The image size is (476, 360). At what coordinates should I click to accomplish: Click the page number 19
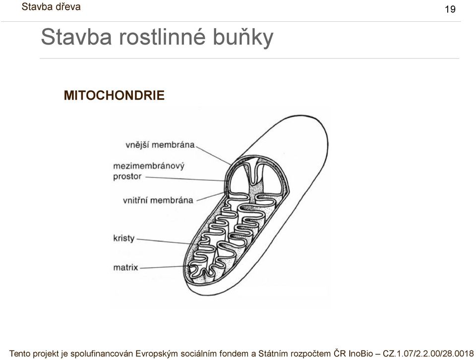pyautogui.click(x=450, y=9)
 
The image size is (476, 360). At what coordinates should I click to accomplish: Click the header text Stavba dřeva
pyautogui.click(x=51, y=6)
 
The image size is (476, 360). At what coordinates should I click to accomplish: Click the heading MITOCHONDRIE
pyautogui.click(x=114, y=95)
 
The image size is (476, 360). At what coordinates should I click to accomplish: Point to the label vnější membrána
pyautogui.click(x=160, y=145)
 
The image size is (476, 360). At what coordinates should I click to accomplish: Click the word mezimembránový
pyautogui.click(x=149, y=166)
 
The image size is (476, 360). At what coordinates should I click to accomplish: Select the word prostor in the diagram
pyautogui.click(x=127, y=177)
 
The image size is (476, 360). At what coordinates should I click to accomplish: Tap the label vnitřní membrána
pyautogui.click(x=158, y=200)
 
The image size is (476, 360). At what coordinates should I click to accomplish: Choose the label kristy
pyautogui.click(x=124, y=238)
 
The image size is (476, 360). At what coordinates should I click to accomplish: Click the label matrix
pyautogui.click(x=125, y=267)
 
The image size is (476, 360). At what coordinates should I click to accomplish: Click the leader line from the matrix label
pyautogui.click(x=165, y=267)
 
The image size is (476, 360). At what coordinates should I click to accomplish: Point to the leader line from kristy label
pyautogui.click(x=165, y=241)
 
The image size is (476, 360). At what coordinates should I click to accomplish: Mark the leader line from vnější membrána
pyautogui.click(x=213, y=156)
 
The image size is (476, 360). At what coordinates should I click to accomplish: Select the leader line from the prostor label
pyautogui.click(x=185, y=179)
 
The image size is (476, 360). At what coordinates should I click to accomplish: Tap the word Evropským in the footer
pyautogui.click(x=157, y=354)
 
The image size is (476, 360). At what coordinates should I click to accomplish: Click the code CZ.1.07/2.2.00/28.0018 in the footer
pyautogui.click(x=428, y=354)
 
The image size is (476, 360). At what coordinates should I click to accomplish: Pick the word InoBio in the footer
pyautogui.click(x=360, y=354)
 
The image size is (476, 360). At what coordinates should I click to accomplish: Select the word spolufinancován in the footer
pyautogui.click(x=102, y=354)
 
